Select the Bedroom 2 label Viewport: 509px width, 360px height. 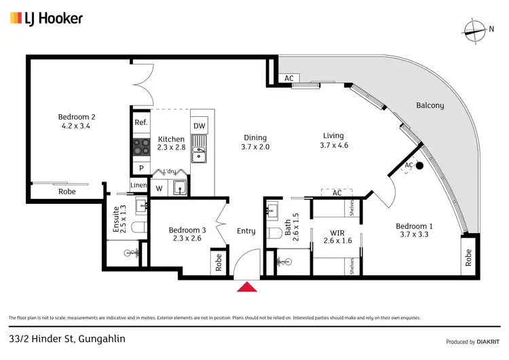click(x=75, y=121)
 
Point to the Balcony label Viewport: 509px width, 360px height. click(x=430, y=105)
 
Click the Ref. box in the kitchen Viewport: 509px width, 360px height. click(x=141, y=122)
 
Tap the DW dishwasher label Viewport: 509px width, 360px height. click(x=199, y=126)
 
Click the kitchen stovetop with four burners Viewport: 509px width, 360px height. click(x=141, y=147)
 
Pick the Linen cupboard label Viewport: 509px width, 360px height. click(x=138, y=185)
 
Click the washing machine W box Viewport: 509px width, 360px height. click(x=159, y=188)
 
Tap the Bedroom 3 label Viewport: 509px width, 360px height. click(x=185, y=234)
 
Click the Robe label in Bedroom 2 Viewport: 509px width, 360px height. click(x=67, y=192)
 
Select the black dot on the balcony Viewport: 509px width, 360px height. click(x=420, y=165)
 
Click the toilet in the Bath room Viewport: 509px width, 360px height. click(x=275, y=233)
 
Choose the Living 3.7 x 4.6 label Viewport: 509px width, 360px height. click(x=333, y=141)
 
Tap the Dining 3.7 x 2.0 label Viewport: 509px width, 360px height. click(x=254, y=142)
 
